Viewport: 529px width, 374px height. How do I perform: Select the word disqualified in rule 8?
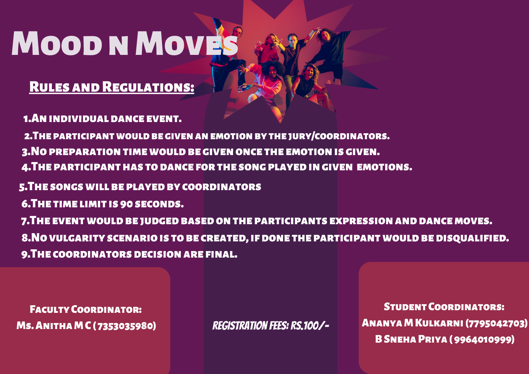click(472, 238)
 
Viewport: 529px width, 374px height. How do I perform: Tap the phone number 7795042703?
click(496, 323)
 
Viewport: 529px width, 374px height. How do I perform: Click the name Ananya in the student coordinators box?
click(382, 323)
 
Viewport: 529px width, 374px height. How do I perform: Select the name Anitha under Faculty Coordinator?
click(54, 326)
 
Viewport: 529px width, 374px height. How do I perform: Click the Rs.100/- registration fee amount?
click(309, 326)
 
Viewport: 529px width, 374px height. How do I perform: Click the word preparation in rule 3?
click(85, 152)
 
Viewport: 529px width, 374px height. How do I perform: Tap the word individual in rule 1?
click(79, 119)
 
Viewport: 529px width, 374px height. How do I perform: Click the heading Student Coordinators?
click(444, 307)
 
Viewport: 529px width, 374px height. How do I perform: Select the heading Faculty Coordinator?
click(86, 310)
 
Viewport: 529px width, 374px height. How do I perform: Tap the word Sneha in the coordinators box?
click(400, 339)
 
